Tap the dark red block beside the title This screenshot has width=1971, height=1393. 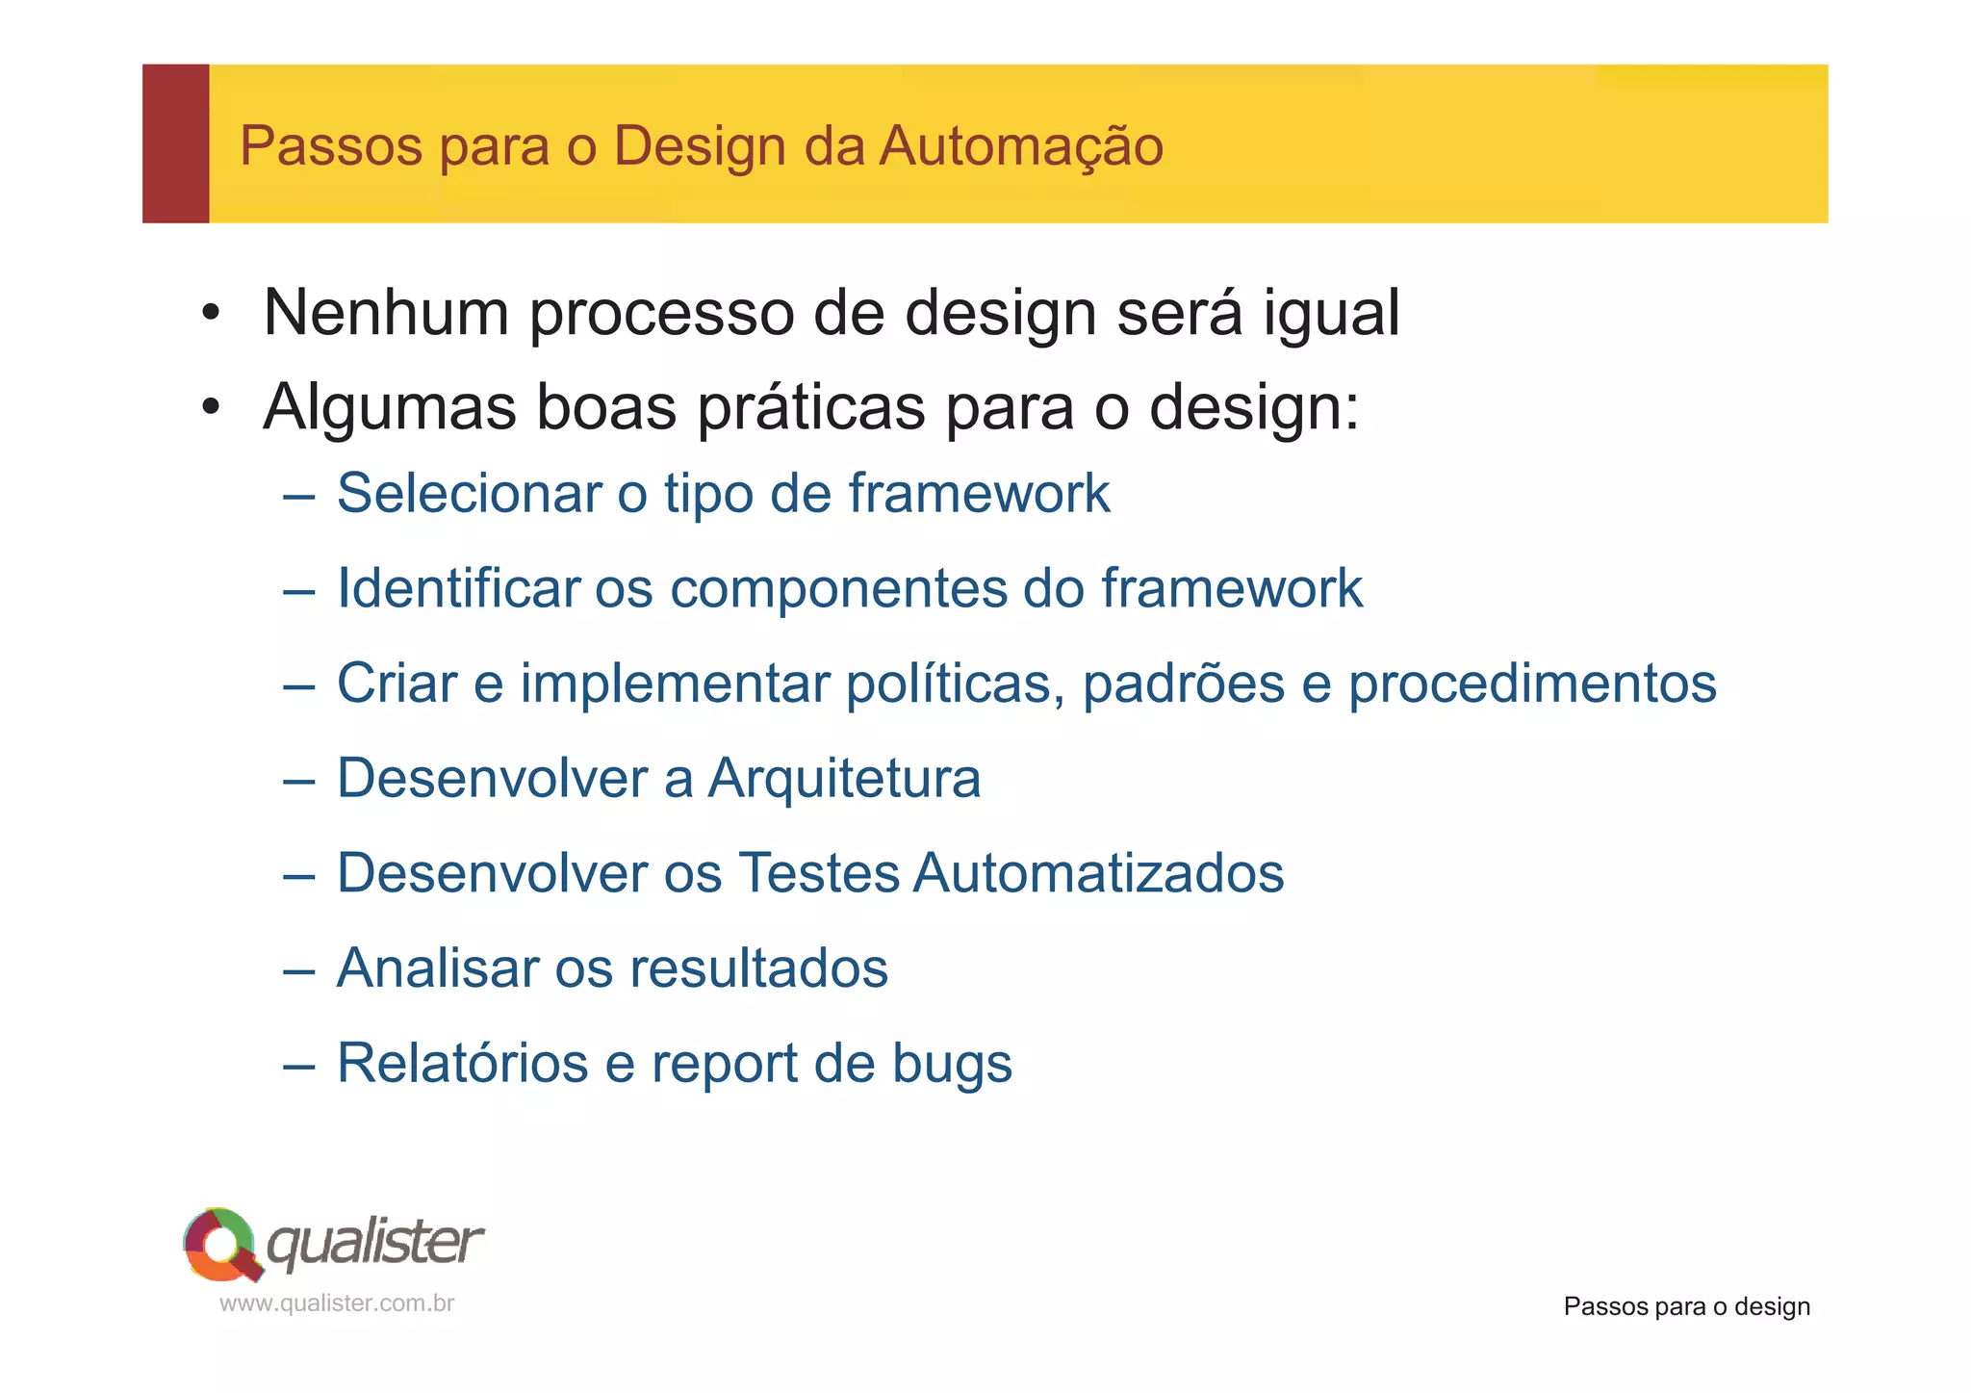pos(175,143)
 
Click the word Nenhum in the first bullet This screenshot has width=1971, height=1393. pos(385,313)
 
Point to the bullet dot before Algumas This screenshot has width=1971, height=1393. pos(211,408)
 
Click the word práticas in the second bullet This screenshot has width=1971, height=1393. pos(811,408)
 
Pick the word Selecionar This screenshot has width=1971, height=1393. pos(468,493)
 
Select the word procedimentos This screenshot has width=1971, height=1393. pos(1531,684)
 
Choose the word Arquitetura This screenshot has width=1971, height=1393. pos(844,778)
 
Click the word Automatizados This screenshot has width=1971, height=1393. pos(1098,873)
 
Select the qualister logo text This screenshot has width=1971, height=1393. pos(374,1243)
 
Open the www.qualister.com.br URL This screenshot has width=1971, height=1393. pos(337,1303)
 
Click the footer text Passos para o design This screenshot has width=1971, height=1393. pos(1686,1306)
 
